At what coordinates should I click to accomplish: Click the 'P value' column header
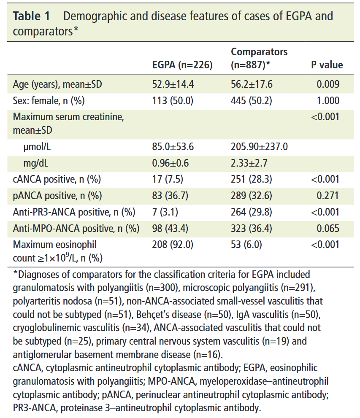click(x=327, y=65)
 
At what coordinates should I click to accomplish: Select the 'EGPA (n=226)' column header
click(x=182, y=65)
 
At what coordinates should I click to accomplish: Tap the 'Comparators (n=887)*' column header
click(x=259, y=59)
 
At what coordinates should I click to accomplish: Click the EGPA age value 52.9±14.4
click(x=173, y=84)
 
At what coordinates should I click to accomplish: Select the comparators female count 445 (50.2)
click(x=252, y=101)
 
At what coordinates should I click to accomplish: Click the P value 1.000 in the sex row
click(x=328, y=101)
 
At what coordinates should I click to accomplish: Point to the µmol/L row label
click(x=39, y=147)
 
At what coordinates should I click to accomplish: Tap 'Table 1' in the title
click(x=32, y=16)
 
